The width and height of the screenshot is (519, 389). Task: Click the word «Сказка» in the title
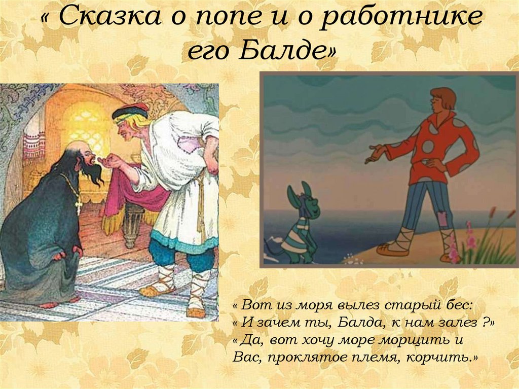103,19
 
